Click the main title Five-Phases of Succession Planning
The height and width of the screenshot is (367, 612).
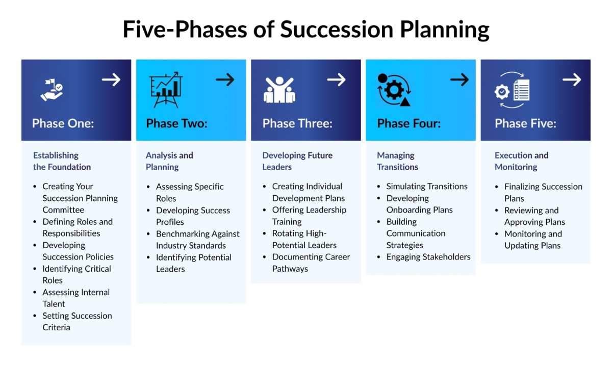pos(306,30)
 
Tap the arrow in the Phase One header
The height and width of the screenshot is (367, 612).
pos(111,80)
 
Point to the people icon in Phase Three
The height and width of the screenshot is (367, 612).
pos(279,90)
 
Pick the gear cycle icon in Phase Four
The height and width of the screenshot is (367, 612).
pos(393,90)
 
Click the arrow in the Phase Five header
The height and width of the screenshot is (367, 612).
pos(572,80)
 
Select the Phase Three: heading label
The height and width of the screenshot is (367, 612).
pos(297,123)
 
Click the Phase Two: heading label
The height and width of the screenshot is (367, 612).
pos(176,123)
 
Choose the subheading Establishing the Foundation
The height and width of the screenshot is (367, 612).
pos(62,161)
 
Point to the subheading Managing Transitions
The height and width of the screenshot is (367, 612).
pos(397,161)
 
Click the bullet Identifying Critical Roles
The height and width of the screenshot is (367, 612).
pos(76,274)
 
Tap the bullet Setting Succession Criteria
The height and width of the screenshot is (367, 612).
pos(77,322)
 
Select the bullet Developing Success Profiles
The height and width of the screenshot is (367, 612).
pos(193,216)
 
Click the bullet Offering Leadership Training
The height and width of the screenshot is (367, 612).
pos(309,216)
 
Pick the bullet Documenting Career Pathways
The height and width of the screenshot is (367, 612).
pos(311,263)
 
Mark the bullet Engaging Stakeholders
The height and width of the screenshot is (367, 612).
pos(428,257)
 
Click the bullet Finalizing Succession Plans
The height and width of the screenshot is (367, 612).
pos(543,192)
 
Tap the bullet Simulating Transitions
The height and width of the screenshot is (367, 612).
pos(427,187)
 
